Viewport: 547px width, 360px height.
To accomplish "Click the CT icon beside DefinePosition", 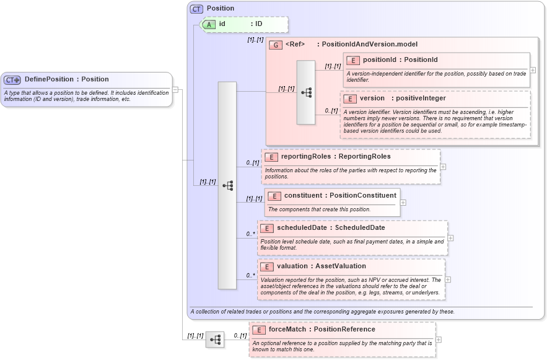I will (x=12, y=80).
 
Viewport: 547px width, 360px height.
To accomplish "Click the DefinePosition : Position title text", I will (x=66, y=79).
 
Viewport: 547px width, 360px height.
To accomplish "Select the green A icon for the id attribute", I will (x=209, y=24).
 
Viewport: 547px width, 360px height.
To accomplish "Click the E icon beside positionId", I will (x=353, y=60).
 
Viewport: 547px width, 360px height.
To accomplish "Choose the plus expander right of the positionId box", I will (x=533, y=70).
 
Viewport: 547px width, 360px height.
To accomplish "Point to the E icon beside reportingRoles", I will (x=271, y=157).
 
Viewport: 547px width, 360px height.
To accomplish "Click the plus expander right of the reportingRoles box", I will (x=443, y=167).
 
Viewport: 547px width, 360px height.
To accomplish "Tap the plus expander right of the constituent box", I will (x=403, y=203).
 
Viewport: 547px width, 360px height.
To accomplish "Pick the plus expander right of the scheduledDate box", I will (x=450, y=238).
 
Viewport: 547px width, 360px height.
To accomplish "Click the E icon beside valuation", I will (x=268, y=266).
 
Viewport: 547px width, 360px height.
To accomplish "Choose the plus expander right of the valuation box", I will (x=447, y=279).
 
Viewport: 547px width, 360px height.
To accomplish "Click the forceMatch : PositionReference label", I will (x=322, y=330).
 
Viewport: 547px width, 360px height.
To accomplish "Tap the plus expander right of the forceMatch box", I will (x=439, y=340).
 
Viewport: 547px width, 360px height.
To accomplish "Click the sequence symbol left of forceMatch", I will (x=215, y=340).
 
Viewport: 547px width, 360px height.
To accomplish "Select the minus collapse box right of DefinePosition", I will (x=175, y=89).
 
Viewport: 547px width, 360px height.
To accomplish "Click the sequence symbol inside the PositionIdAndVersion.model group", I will (x=305, y=92).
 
